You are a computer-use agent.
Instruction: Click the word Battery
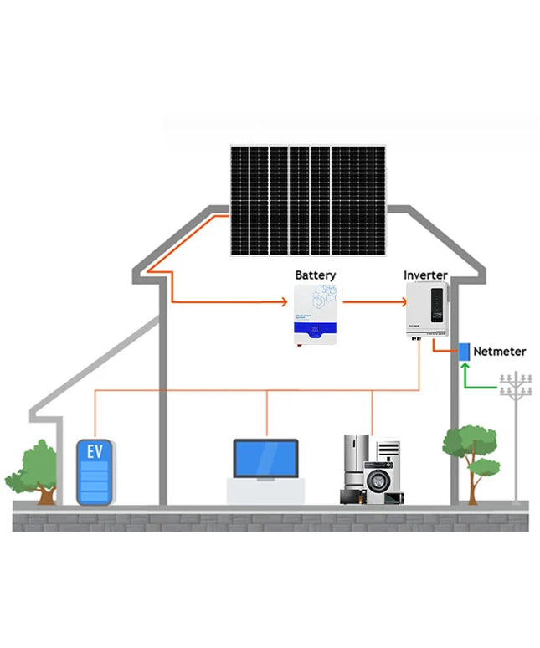(316, 275)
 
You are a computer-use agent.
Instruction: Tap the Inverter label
(425, 275)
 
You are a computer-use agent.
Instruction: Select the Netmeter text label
(500, 352)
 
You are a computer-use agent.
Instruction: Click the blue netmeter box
(464, 352)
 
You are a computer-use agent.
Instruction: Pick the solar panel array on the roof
(308, 201)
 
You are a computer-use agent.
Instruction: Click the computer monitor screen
(265, 459)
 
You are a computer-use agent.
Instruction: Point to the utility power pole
(516, 435)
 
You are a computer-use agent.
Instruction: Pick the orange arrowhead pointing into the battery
(285, 301)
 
